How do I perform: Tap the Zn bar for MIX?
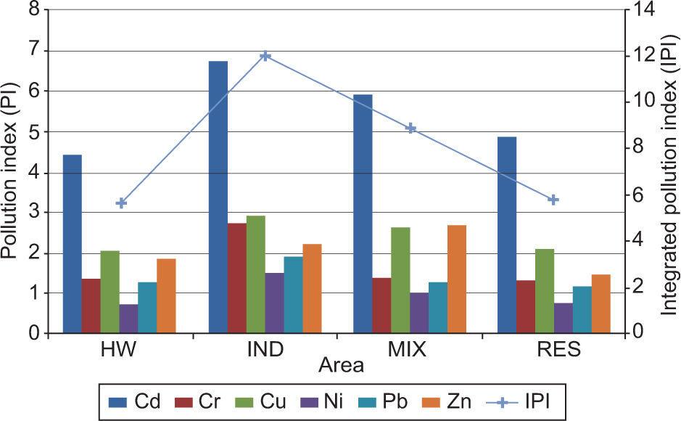coord(457,279)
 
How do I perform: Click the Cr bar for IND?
coord(237,279)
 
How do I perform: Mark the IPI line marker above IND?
coord(265,56)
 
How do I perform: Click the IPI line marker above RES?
coord(553,200)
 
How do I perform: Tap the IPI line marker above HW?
coord(121,203)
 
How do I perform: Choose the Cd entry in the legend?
coord(131,401)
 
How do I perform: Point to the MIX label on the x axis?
coord(408,351)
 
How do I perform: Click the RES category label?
coord(559,351)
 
